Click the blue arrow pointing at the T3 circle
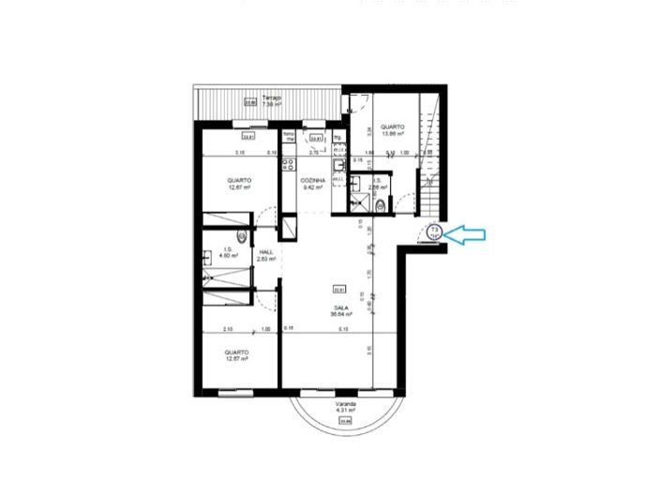point(466,234)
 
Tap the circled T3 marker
point(435,232)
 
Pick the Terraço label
point(272,97)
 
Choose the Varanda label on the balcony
point(345,404)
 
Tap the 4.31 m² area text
point(345,412)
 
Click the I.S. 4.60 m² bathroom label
point(227,252)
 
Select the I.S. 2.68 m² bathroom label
point(378,184)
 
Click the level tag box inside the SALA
point(340,289)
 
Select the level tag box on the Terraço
point(250,104)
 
